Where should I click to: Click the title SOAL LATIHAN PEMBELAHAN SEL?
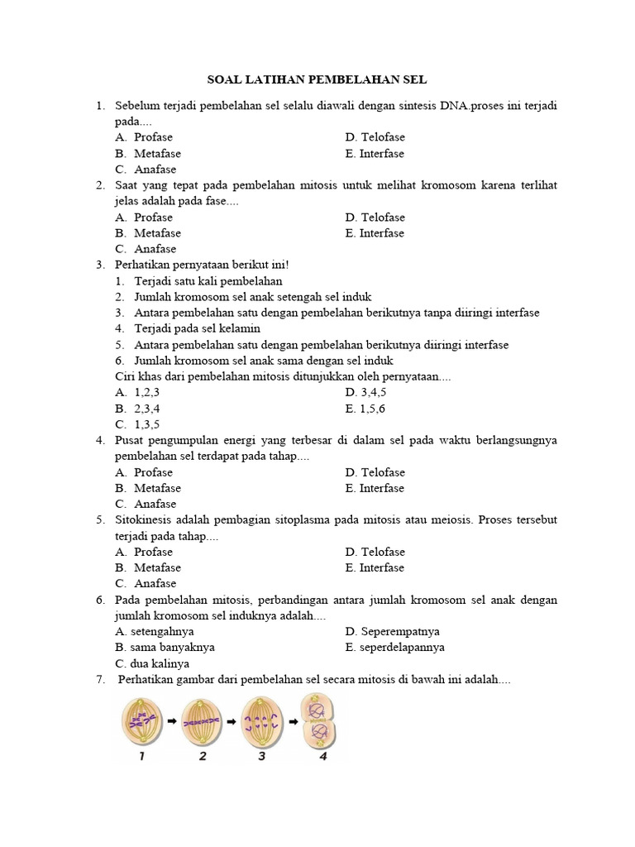point(317,80)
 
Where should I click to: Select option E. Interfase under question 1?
point(375,154)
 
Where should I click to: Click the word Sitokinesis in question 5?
point(146,519)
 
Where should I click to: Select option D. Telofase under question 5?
point(375,552)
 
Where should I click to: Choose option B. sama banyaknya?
point(165,647)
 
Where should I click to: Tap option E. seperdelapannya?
point(395,647)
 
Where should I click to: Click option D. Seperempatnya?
point(393,631)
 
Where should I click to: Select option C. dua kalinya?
point(153,663)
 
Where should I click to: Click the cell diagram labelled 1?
point(142,721)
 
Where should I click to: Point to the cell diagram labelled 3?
point(261,721)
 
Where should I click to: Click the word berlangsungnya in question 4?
point(516,440)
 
